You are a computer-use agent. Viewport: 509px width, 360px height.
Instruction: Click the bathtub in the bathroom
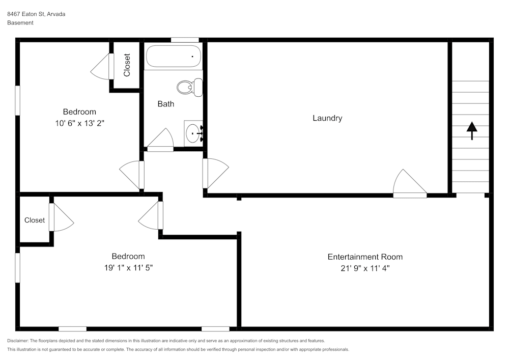(x=174, y=56)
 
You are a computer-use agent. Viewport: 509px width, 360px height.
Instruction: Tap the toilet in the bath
(x=190, y=87)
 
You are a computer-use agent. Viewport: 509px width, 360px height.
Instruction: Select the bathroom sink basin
(x=193, y=133)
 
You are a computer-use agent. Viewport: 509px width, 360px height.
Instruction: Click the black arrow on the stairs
(x=472, y=131)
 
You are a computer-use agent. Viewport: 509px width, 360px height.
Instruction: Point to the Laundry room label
(x=327, y=118)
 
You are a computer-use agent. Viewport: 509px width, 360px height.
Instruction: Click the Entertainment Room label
(x=365, y=257)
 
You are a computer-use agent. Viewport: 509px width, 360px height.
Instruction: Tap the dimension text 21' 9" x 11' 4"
(x=365, y=268)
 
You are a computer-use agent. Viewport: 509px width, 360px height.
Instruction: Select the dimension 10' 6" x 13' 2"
(x=79, y=123)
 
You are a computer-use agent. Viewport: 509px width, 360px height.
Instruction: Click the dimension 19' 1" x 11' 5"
(x=128, y=267)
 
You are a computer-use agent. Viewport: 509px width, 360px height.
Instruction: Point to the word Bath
(x=166, y=104)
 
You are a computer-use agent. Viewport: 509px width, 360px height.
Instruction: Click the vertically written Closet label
(x=127, y=65)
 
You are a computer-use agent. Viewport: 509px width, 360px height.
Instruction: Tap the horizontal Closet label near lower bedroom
(x=35, y=220)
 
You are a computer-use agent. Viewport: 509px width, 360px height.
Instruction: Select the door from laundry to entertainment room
(x=410, y=184)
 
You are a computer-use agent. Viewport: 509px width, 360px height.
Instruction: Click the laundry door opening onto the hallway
(x=215, y=173)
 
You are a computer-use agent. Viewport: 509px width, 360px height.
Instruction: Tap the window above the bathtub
(x=185, y=40)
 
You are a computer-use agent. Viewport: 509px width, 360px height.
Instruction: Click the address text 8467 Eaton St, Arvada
(x=36, y=14)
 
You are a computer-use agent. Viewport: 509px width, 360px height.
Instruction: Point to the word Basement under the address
(x=20, y=23)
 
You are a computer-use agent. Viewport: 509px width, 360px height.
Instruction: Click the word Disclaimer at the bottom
(x=17, y=341)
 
